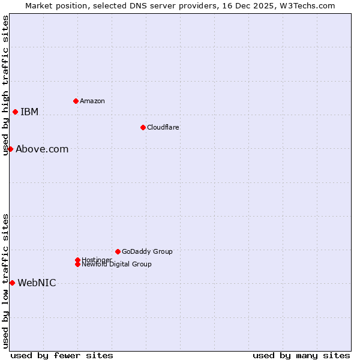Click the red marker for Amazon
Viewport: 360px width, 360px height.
coord(76,101)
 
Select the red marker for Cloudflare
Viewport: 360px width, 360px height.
coord(143,127)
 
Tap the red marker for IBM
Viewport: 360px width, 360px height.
coord(15,112)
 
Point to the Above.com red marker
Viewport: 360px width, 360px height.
coord(10,149)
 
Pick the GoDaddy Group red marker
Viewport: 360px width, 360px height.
coord(118,251)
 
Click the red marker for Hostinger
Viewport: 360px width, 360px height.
coord(77,260)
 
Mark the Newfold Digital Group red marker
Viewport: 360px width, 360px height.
coord(77,264)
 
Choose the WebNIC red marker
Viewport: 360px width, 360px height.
coord(12,283)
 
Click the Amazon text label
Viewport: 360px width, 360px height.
coord(92,101)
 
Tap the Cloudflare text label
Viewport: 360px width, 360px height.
coord(163,127)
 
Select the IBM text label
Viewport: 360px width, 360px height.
coord(29,112)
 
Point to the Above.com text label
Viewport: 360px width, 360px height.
coord(42,149)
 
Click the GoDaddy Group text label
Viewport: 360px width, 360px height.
coord(147,251)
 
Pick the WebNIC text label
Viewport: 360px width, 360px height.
coord(37,283)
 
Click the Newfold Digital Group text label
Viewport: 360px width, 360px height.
coord(116,264)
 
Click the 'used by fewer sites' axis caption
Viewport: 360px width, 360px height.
coord(62,355)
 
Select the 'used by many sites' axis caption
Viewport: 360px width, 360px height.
coord(301,355)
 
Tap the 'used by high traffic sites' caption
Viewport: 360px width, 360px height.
coord(6,85)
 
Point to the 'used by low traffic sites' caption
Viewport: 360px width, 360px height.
coord(6,281)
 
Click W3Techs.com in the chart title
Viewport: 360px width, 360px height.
coord(305,5)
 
